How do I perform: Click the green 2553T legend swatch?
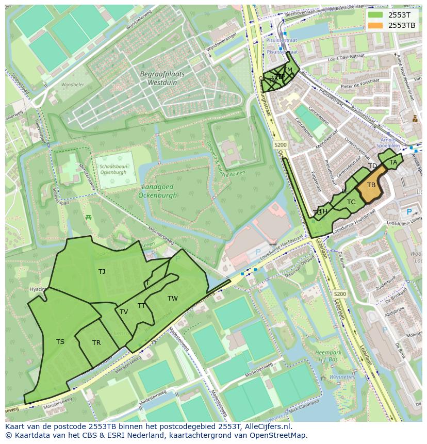click(x=375, y=15)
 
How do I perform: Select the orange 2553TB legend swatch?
click(x=375, y=25)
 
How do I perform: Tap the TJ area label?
click(x=102, y=271)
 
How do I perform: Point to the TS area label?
click(x=60, y=341)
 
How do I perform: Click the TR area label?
click(x=96, y=343)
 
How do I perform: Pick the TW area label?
click(x=172, y=298)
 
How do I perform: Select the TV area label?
click(x=124, y=311)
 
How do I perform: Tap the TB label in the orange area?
click(x=371, y=185)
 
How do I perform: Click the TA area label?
click(x=393, y=162)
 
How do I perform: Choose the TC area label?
click(x=351, y=202)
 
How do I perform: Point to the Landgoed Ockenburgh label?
click(x=157, y=191)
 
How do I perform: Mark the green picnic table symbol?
click(x=89, y=217)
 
